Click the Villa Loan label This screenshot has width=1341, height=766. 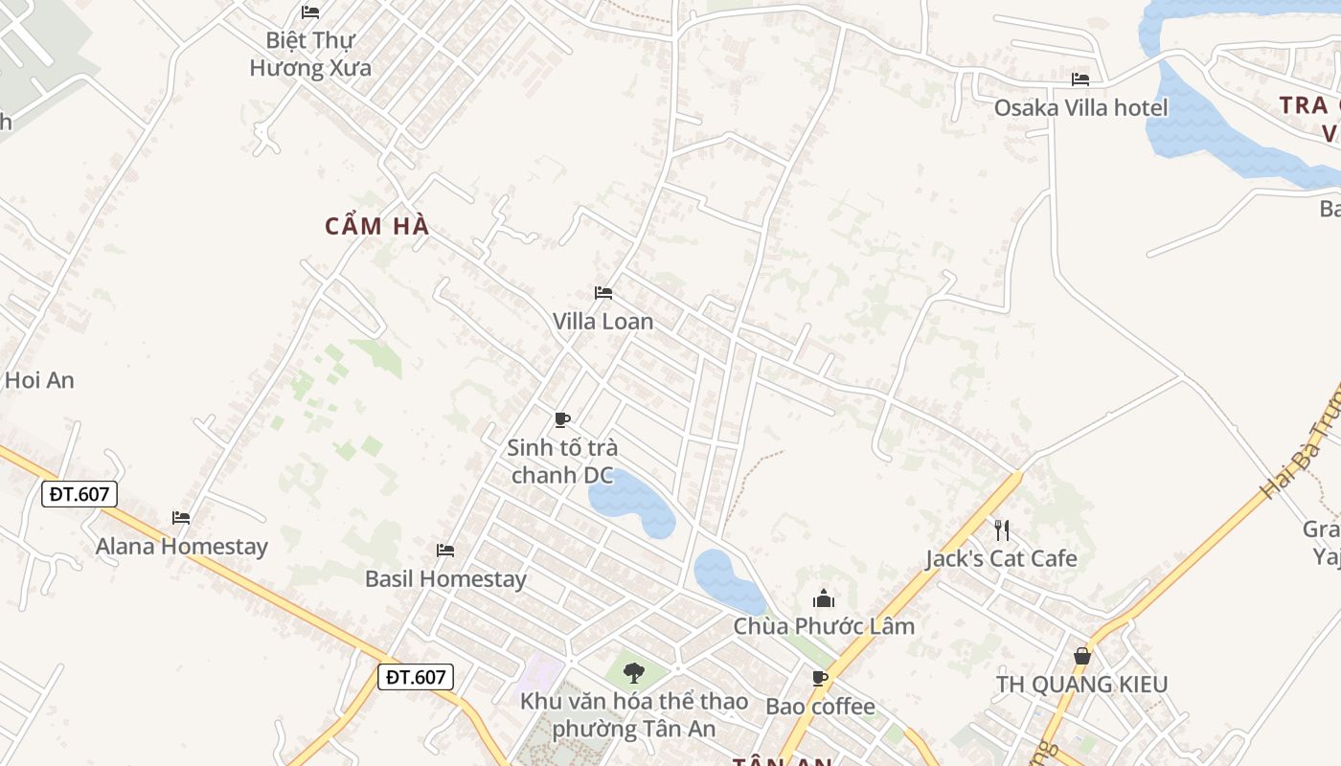coord(602,322)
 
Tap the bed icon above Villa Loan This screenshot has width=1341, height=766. coord(603,292)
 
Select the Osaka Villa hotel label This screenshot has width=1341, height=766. coord(1080,107)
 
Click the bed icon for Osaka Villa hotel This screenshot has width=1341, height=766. coord(1080,79)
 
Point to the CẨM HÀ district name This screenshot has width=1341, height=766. coord(377,227)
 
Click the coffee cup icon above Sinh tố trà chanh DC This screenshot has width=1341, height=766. coord(562,419)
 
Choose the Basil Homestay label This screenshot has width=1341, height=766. coord(445,579)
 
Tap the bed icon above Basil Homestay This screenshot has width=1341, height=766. coord(445,550)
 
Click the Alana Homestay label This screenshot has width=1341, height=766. coord(181,547)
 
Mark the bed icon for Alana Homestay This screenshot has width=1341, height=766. coord(181,517)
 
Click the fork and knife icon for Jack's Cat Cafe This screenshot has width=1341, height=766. coord(1002,529)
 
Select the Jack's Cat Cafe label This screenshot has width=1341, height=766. coord(1001,558)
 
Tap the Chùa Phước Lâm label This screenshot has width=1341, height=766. coord(824,626)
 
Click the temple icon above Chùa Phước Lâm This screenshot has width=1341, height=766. coord(824,599)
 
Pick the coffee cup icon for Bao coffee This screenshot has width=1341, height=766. coord(820,678)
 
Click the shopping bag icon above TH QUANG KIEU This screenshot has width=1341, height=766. coord(1082,656)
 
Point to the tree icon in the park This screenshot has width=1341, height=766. coord(633,672)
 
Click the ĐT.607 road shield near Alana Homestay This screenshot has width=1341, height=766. coord(80,494)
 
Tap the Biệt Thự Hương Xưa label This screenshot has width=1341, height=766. coord(310,55)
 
